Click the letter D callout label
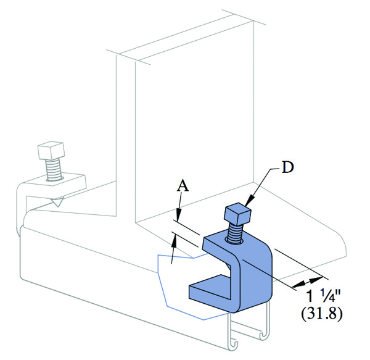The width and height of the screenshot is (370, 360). (288, 167)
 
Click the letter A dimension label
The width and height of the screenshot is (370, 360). (183, 185)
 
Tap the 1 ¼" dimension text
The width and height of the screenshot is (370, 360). (323, 296)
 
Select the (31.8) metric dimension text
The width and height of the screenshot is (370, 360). (321, 314)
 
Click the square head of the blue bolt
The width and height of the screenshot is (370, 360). (237, 214)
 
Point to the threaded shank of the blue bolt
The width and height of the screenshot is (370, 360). (234, 233)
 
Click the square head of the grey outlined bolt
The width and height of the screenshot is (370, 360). (51, 151)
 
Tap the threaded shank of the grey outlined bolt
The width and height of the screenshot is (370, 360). (54, 169)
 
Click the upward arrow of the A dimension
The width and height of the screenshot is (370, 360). (173, 248)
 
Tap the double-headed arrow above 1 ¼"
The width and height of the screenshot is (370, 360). (307, 282)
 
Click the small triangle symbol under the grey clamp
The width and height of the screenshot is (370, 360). (57, 203)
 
